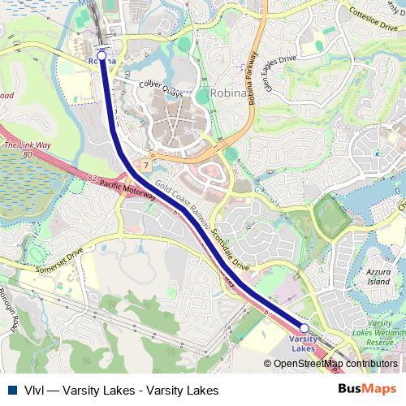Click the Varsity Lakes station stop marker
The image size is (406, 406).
[x=304, y=328]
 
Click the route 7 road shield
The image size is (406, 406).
[x=145, y=164]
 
